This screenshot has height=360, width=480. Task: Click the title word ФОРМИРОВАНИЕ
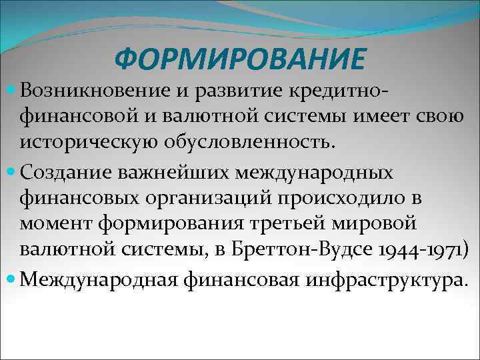(240, 61)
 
